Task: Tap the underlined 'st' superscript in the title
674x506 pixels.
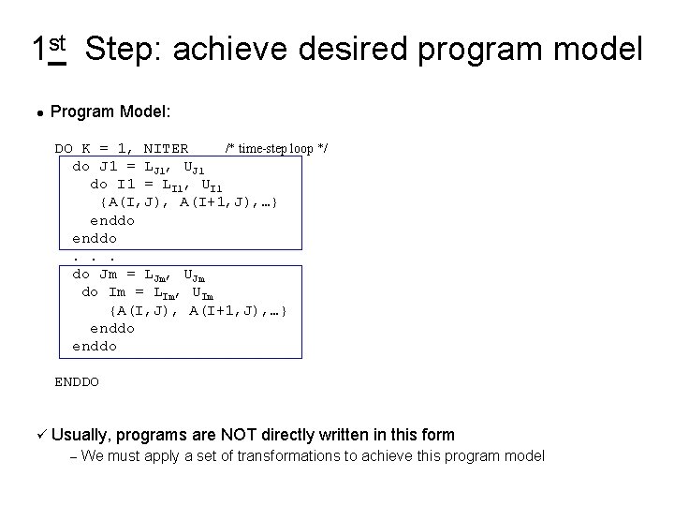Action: pos(56,44)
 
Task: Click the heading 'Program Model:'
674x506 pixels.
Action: pos(110,112)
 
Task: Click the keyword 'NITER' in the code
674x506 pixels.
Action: pos(165,148)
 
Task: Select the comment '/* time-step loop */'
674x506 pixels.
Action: pos(276,148)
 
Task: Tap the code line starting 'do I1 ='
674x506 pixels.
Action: pos(156,185)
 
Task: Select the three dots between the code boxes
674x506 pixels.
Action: pos(94,257)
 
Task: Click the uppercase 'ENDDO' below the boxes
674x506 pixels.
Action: pos(77,381)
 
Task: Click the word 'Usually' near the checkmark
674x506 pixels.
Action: pos(81,435)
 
